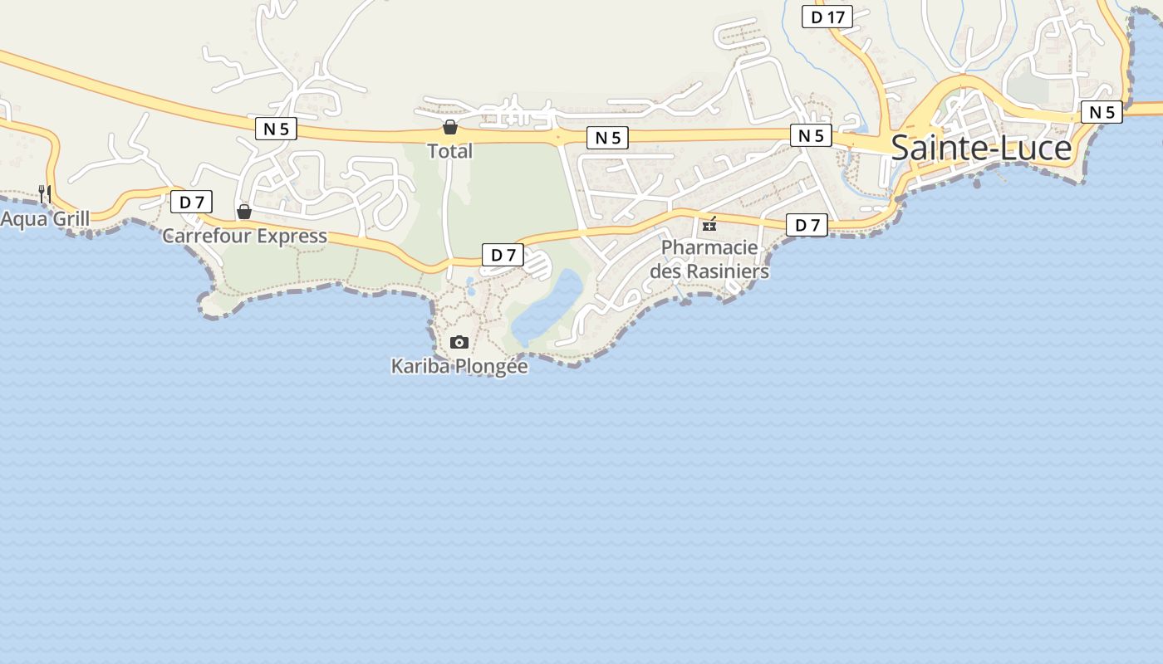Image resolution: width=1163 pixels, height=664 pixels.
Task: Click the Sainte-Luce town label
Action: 981,148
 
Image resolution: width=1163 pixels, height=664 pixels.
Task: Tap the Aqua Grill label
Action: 45,219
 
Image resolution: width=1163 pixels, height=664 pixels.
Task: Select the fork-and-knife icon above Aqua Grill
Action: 45,194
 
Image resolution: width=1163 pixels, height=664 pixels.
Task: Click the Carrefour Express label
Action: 244,236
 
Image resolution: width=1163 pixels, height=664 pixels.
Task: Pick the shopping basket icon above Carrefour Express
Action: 244,212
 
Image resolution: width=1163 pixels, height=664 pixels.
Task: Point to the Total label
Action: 449,151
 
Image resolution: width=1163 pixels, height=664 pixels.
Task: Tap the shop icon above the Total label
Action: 449,127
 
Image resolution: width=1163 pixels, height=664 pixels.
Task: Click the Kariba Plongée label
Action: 459,366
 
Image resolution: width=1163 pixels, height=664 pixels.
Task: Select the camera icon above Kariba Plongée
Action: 459,342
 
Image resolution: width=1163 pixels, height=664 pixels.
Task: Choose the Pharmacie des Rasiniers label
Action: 709,259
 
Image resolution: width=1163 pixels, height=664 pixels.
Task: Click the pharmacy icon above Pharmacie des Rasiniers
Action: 709,223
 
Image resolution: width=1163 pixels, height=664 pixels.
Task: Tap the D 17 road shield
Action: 827,17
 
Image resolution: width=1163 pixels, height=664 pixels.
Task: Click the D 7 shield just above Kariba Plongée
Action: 503,255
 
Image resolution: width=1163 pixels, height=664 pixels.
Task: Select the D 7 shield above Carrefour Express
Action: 192,202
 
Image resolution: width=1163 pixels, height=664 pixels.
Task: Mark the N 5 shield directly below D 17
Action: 811,135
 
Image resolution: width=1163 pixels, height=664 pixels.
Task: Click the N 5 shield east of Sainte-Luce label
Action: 1102,112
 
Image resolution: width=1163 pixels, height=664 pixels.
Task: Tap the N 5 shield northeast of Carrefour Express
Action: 276,129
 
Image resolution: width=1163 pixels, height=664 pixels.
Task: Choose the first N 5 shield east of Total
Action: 608,138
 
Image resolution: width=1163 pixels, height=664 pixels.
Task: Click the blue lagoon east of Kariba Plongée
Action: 548,307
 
